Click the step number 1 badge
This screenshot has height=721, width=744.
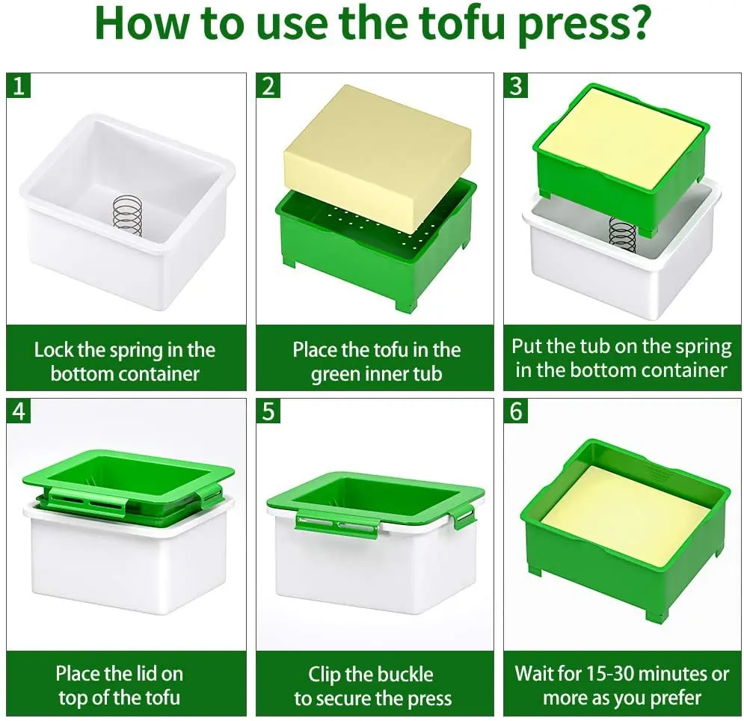coord(19,85)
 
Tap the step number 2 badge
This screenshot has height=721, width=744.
coord(268,85)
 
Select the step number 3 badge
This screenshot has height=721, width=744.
coord(516,85)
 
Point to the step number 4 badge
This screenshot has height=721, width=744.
coord(19,411)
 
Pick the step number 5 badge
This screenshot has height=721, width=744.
coord(268,411)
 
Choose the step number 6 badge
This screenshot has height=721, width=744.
coord(516,411)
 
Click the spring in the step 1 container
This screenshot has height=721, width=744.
coord(127,216)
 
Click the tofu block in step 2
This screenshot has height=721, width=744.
coord(378,156)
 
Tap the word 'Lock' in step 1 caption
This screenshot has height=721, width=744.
coord(54,350)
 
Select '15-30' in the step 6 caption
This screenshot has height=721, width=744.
coord(612,674)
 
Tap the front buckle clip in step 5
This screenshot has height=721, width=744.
coord(338,524)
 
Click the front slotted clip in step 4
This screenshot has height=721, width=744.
coord(88,501)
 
